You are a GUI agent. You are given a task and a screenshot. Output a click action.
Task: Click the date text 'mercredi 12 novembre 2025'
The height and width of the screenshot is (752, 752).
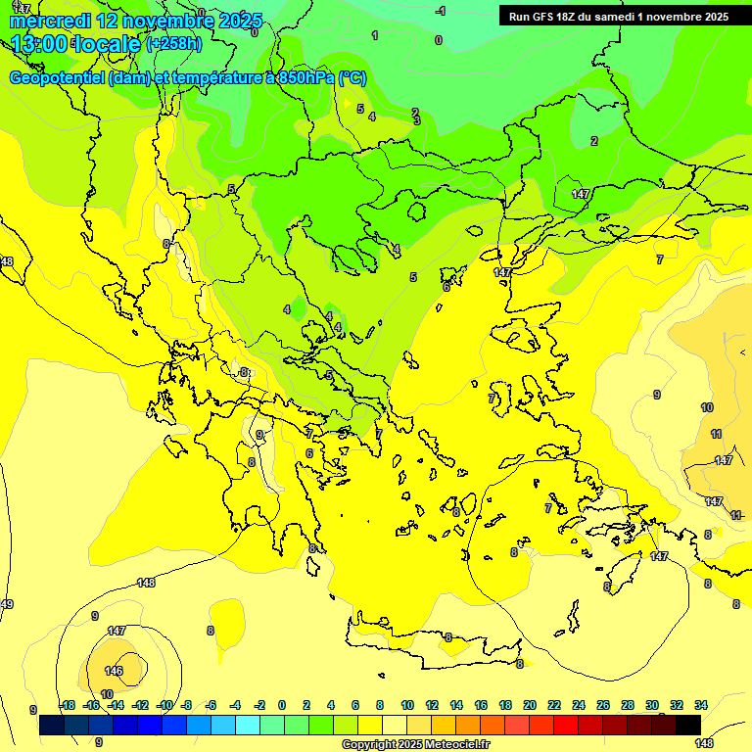137,20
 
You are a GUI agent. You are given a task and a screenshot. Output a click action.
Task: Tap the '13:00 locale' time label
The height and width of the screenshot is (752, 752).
74,44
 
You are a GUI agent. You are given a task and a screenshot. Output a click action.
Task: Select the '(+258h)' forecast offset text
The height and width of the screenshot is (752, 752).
173,44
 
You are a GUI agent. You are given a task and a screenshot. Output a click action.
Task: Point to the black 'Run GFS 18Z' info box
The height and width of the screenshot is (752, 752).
619,16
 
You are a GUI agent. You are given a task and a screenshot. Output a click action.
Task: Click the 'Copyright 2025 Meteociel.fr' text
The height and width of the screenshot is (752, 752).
415,744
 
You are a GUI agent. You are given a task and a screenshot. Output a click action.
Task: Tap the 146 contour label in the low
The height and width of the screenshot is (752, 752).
115,671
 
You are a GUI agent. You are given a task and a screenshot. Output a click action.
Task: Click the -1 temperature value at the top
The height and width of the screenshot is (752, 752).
441,11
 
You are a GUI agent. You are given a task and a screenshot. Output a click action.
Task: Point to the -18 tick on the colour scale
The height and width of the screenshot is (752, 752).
67,705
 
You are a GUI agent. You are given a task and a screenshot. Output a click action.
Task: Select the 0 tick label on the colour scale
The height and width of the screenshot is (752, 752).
282,705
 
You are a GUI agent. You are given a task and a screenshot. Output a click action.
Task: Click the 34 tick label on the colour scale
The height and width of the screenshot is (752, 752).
701,705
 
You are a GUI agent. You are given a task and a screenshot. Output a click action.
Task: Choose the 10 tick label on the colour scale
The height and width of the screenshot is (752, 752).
407,705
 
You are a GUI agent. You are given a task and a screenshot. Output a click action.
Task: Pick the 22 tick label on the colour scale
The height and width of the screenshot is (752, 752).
554,705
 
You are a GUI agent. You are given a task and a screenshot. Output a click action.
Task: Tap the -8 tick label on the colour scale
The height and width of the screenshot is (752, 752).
187,705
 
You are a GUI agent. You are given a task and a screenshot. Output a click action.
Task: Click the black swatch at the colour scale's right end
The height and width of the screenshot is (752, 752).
688,725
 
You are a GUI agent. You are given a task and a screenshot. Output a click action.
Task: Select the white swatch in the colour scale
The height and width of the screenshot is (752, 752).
395,725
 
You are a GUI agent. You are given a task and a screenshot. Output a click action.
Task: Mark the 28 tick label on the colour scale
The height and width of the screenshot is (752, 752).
628,705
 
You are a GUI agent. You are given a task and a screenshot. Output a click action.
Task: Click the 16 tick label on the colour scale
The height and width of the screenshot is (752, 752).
481,705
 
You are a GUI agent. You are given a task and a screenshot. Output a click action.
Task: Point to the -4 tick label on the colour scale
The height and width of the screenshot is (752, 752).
235,705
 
